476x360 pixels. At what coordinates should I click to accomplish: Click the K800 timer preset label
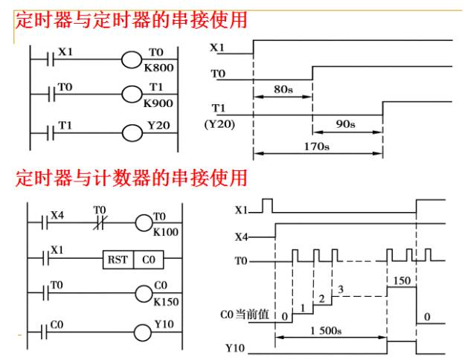tap(158, 68)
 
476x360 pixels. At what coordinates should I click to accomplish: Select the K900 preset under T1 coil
tap(158, 103)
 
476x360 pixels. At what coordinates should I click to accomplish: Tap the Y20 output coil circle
tap(132, 133)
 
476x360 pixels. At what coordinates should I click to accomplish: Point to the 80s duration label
tap(283, 89)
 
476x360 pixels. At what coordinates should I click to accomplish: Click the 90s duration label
tap(345, 124)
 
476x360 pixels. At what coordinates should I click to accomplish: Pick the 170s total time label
tap(317, 147)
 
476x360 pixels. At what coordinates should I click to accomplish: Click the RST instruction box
tap(118, 260)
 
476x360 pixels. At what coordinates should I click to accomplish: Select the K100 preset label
tap(165, 232)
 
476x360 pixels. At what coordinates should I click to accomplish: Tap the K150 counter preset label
tap(166, 302)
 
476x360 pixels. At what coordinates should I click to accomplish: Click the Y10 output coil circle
tap(143, 332)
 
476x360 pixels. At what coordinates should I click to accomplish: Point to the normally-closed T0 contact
tap(99, 222)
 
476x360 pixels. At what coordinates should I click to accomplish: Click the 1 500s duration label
tap(326, 330)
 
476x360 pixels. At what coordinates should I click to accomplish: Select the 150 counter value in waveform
tap(402, 280)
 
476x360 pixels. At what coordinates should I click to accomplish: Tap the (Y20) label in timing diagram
tap(219, 124)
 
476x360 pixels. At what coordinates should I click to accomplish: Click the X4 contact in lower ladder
tap(45, 222)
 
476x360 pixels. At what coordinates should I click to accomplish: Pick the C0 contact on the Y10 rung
tap(45, 332)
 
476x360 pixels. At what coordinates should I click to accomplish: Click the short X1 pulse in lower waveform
tap(267, 205)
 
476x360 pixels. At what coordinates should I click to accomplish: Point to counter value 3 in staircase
tap(341, 289)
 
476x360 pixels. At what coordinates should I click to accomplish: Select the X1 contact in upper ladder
tap(51, 59)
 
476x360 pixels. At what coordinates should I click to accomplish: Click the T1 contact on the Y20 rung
tap(51, 133)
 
